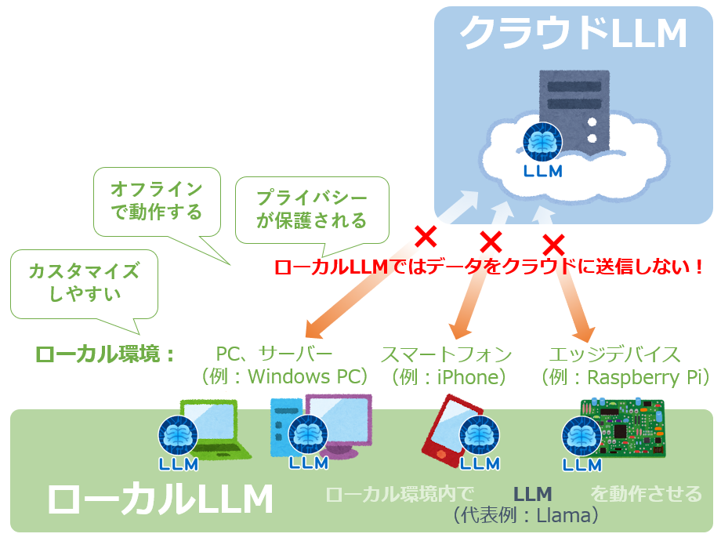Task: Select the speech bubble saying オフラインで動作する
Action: tap(156, 201)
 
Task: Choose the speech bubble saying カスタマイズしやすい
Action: tap(84, 283)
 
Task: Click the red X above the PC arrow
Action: tap(425, 234)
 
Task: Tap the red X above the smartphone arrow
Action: tap(491, 240)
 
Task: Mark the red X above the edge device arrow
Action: tap(553, 242)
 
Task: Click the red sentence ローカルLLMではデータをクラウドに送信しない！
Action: tap(489, 267)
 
